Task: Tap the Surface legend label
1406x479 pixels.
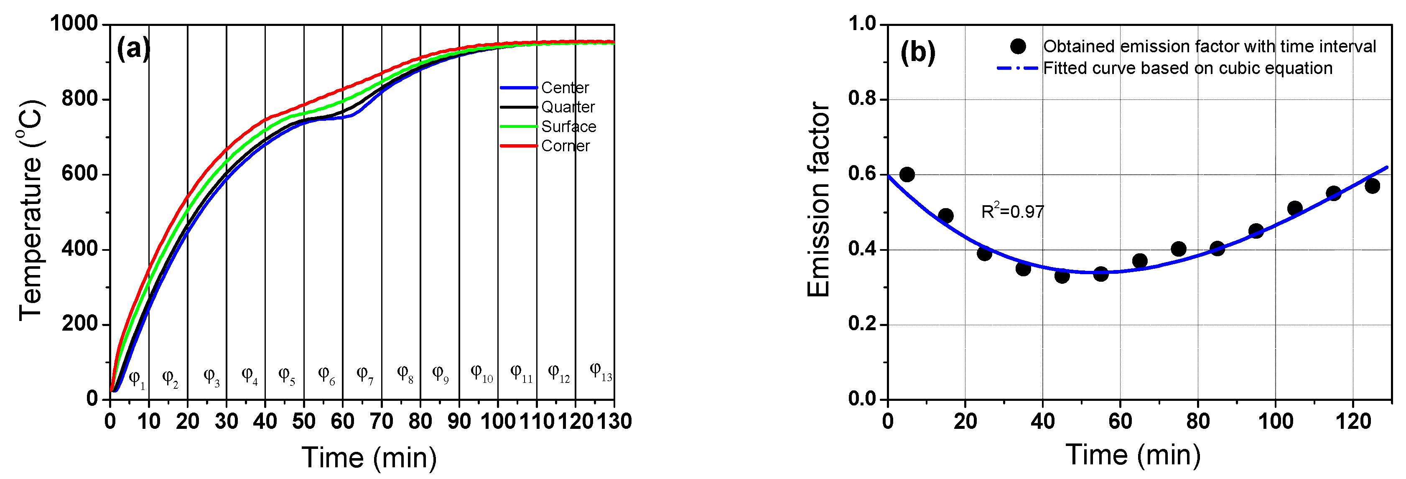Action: (568, 127)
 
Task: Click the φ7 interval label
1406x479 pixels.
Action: (364, 375)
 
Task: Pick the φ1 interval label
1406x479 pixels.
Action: (136, 379)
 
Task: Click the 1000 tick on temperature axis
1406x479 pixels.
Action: (73, 24)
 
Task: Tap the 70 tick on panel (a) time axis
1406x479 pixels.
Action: (381, 421)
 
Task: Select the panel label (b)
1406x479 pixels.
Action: (917, 53)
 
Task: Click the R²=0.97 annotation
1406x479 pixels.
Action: (1012, 211)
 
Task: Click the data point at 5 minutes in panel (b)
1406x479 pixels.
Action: (907, 175)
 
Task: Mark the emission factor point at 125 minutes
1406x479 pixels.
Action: (1372, 186)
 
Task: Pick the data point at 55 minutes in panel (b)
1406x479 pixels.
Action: (1101, 274)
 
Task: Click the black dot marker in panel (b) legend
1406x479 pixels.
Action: (1018, 46)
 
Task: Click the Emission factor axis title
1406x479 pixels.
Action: (819, 199)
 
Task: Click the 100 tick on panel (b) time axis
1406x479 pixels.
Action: (1275, 421)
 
